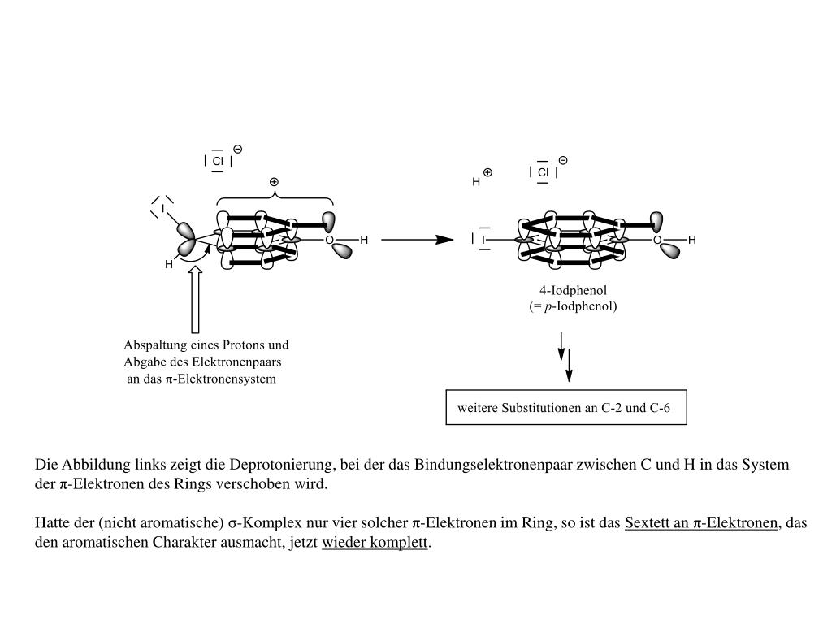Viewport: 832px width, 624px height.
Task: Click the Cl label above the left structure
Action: point(218,161)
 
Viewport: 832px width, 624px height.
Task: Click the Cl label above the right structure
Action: point(543,172)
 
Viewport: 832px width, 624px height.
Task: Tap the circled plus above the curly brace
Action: point(274,182)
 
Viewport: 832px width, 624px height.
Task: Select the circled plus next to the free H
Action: point(487,172)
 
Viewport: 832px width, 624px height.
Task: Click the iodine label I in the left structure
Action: point(162,209)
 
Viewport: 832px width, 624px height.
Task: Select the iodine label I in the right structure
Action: point(483,240)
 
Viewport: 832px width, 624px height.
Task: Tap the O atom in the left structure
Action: point(329,240)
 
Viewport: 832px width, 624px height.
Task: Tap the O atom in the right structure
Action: point(657,240)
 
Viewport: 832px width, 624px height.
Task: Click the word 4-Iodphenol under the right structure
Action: point(573,290)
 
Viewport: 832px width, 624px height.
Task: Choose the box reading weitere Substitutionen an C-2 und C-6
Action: point(566,408)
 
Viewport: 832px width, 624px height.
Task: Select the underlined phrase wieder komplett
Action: point(375,542)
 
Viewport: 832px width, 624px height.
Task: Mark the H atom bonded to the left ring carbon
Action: point(169,264)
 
